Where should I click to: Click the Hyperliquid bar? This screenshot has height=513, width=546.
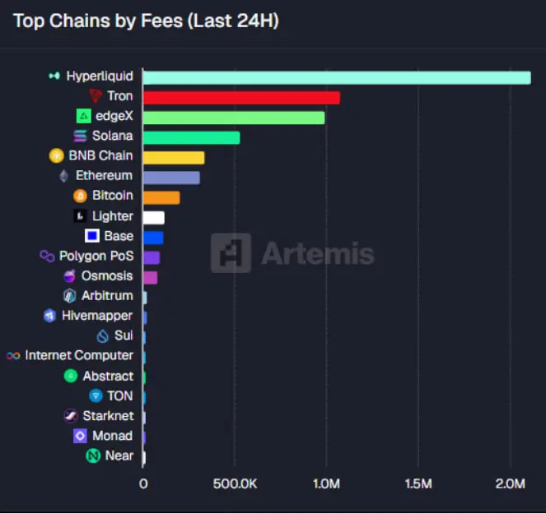(336, 77)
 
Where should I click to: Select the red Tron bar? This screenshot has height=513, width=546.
(241, 98)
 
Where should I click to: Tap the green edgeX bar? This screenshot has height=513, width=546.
(234, 118)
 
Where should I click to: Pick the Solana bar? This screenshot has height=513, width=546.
(191, 137)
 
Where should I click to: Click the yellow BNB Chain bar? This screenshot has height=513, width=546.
(174, 157)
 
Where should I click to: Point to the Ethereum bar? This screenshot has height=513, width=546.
(171, 177)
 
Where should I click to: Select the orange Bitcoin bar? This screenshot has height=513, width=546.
(161, 197)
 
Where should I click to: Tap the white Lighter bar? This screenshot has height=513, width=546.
(154, 217)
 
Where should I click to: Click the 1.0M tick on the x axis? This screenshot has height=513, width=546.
(327, 484)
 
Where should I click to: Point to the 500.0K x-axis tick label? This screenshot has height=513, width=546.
(235, 484)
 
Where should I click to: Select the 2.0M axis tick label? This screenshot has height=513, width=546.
(510, 484)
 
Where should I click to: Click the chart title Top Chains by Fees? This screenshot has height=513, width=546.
(146, 21)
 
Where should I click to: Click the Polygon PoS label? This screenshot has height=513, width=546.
(96, 256)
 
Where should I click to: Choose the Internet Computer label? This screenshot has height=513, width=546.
(79, 355)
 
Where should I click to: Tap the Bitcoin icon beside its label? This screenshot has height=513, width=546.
(80, 196)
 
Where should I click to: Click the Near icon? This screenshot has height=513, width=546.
(93, 455)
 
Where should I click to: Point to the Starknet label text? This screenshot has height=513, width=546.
(108, 416)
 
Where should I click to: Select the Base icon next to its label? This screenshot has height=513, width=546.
(92, 236)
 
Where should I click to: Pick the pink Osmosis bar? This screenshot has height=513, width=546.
(150, 277)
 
